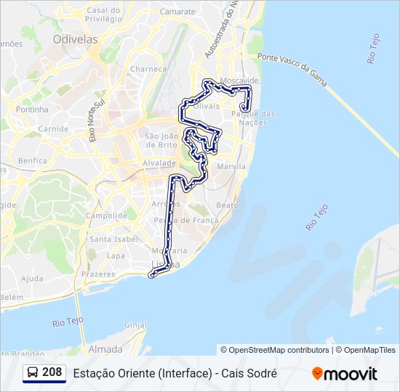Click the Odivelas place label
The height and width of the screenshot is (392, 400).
[x=76, y=40]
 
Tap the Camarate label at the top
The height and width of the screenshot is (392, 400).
[x=177, y=12]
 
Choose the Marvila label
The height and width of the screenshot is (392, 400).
[x=231, y=166]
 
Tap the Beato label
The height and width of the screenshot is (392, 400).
[x=228, y=205]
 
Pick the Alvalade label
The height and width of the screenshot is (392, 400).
[x=159, y=163]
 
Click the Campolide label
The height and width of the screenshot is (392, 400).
[x=106, y=216]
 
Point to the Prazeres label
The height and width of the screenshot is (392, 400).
[x=99, y=274]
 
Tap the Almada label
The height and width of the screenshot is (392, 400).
[x=105, y=348]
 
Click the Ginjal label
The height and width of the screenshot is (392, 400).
[x=136, y=325]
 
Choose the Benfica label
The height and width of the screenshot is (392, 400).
[x=33, y=160]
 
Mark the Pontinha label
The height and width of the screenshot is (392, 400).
[x=31, y=110]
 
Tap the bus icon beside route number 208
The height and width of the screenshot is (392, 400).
[x=33, y=372]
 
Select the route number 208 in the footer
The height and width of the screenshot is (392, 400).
[x=52, y=372]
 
